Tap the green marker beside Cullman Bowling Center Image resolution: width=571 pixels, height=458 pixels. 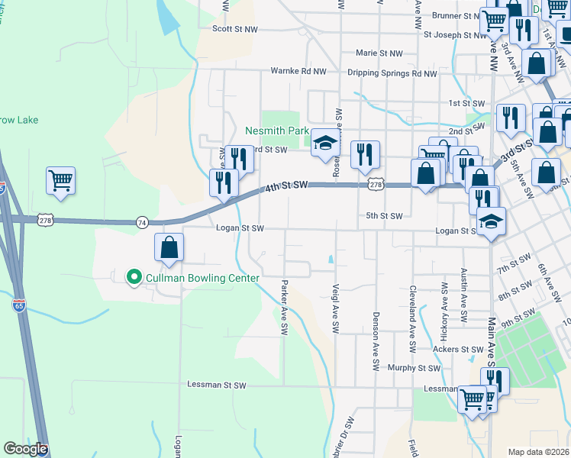tap(134, 276)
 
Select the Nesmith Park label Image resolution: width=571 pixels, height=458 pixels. tap(276, 131)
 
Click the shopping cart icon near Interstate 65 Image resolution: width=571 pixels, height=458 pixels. tap(60, 181)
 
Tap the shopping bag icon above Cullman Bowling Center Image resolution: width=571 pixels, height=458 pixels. tap(169, 248)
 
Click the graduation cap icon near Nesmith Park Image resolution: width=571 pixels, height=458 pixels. tap(324, 145)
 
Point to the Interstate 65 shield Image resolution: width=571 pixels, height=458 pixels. tap(19, 306)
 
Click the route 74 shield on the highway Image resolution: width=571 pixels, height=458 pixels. tap(142, 222)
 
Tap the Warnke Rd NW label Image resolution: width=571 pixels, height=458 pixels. tap(298, 71)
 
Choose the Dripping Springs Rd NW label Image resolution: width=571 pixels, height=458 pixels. tap(392, 74)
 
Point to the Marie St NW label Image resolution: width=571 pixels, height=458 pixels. tap(379, 53)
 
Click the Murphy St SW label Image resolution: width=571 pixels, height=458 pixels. tap(414, 368)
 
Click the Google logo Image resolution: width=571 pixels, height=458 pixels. tap(25, 449)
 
